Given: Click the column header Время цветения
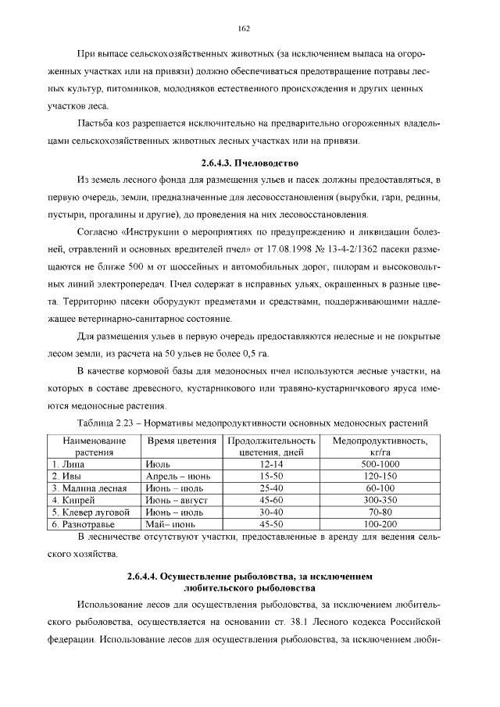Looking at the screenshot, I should (x=182, y=441).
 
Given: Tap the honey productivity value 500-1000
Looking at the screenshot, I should (x=380, y=464).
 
